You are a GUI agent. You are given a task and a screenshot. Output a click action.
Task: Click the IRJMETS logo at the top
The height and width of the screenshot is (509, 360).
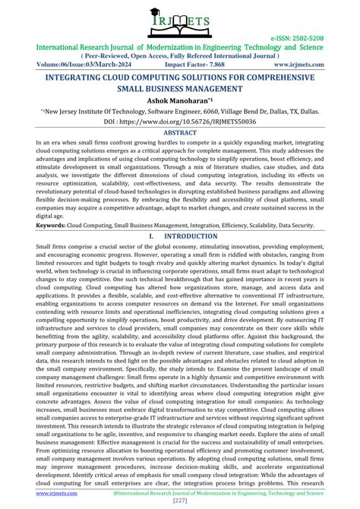pyautogui.click(x=180, y=23)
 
